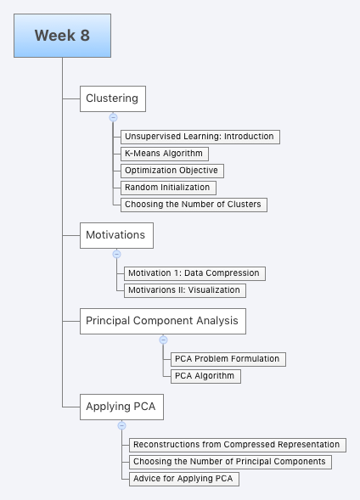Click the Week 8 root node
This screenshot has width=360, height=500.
62,36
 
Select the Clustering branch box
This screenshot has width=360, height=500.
112,98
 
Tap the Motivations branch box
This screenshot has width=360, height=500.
116,234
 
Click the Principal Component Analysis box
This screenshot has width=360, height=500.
163,321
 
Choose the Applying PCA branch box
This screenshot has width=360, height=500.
121,407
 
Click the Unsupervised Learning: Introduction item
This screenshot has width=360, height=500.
199,136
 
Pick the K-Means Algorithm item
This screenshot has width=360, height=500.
163,153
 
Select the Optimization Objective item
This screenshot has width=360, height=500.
171,170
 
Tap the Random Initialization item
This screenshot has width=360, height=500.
167,187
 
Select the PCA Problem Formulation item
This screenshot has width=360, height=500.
227,359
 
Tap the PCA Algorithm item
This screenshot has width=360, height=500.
205,376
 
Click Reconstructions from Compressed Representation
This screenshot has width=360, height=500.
236,444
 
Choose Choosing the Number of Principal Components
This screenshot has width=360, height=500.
229,462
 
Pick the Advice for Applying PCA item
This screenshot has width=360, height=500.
182,479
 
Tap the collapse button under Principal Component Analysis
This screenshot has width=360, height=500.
163,340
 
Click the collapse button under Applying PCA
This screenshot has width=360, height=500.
121,425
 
